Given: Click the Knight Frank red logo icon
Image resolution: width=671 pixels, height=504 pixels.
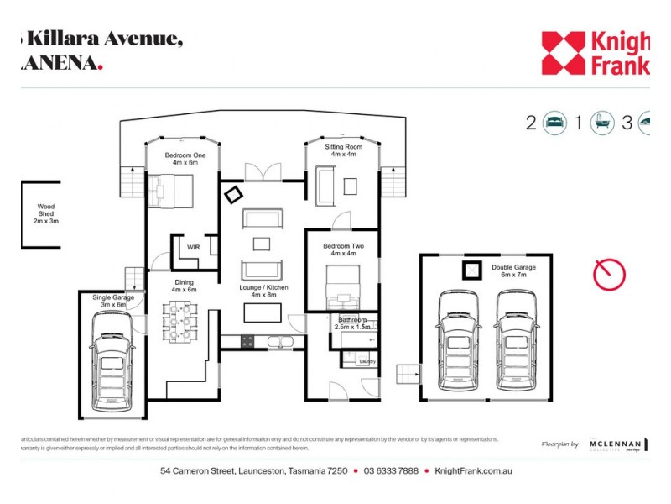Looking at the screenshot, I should pyautogui.click(x=563, y=53).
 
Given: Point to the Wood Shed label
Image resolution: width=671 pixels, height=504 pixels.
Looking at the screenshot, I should pyautogui.click(x=44, y=214).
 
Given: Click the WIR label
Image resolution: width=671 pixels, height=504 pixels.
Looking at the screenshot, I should pyautogui.click(x=193, y=247).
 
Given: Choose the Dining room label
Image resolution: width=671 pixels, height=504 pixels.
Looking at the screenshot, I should pyautogui.click(x=183, y=286).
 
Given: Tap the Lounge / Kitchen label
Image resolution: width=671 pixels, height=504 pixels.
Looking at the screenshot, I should pyautogui.click(x=264, y=291).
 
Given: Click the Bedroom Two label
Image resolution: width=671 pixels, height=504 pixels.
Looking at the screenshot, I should pyautogui.click(x=343, y=249).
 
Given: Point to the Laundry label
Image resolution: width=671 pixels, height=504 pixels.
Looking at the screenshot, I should pyautogui.click(x=367, y=361).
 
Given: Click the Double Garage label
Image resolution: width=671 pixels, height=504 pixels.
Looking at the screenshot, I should pyautogui.click(x=513, y=271).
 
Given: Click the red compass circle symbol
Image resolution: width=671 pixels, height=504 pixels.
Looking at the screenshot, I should pyautogui.click(x=609, y=275).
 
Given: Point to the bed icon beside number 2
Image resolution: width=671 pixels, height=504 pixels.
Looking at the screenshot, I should pyautogui.click(x=555, y=123).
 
